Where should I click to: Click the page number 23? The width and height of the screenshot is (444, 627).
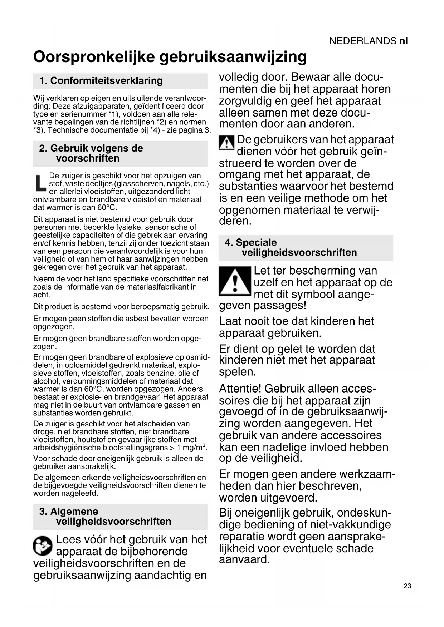(x=407, y=586)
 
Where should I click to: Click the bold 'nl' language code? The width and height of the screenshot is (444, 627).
(x=403, y=41)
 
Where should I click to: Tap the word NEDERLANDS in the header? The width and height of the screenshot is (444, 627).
(x=363, y=41)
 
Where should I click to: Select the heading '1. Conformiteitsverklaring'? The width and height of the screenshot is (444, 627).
(x=101, y=81)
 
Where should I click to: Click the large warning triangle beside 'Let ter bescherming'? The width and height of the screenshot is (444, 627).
(x=235, y=281)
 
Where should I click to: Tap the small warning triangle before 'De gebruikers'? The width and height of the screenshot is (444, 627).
(x=226, y=143)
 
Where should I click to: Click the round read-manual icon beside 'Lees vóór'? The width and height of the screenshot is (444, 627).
(x=43, y=546)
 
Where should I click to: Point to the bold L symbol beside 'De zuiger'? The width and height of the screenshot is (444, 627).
(x=40, y=183)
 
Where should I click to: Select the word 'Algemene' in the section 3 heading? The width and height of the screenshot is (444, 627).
(x=74, y=512)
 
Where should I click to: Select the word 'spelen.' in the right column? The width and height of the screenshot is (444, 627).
(x=238, y=372)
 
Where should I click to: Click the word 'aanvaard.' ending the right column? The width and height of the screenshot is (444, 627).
(x=244, y=559)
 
